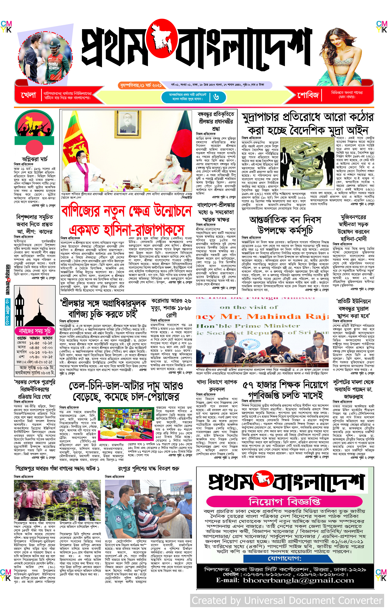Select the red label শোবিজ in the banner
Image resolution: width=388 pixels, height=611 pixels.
click(x=308, y=95)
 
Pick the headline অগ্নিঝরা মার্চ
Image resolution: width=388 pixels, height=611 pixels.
click(x=34, y=159)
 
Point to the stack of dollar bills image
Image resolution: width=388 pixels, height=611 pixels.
click(x=306, y=165)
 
